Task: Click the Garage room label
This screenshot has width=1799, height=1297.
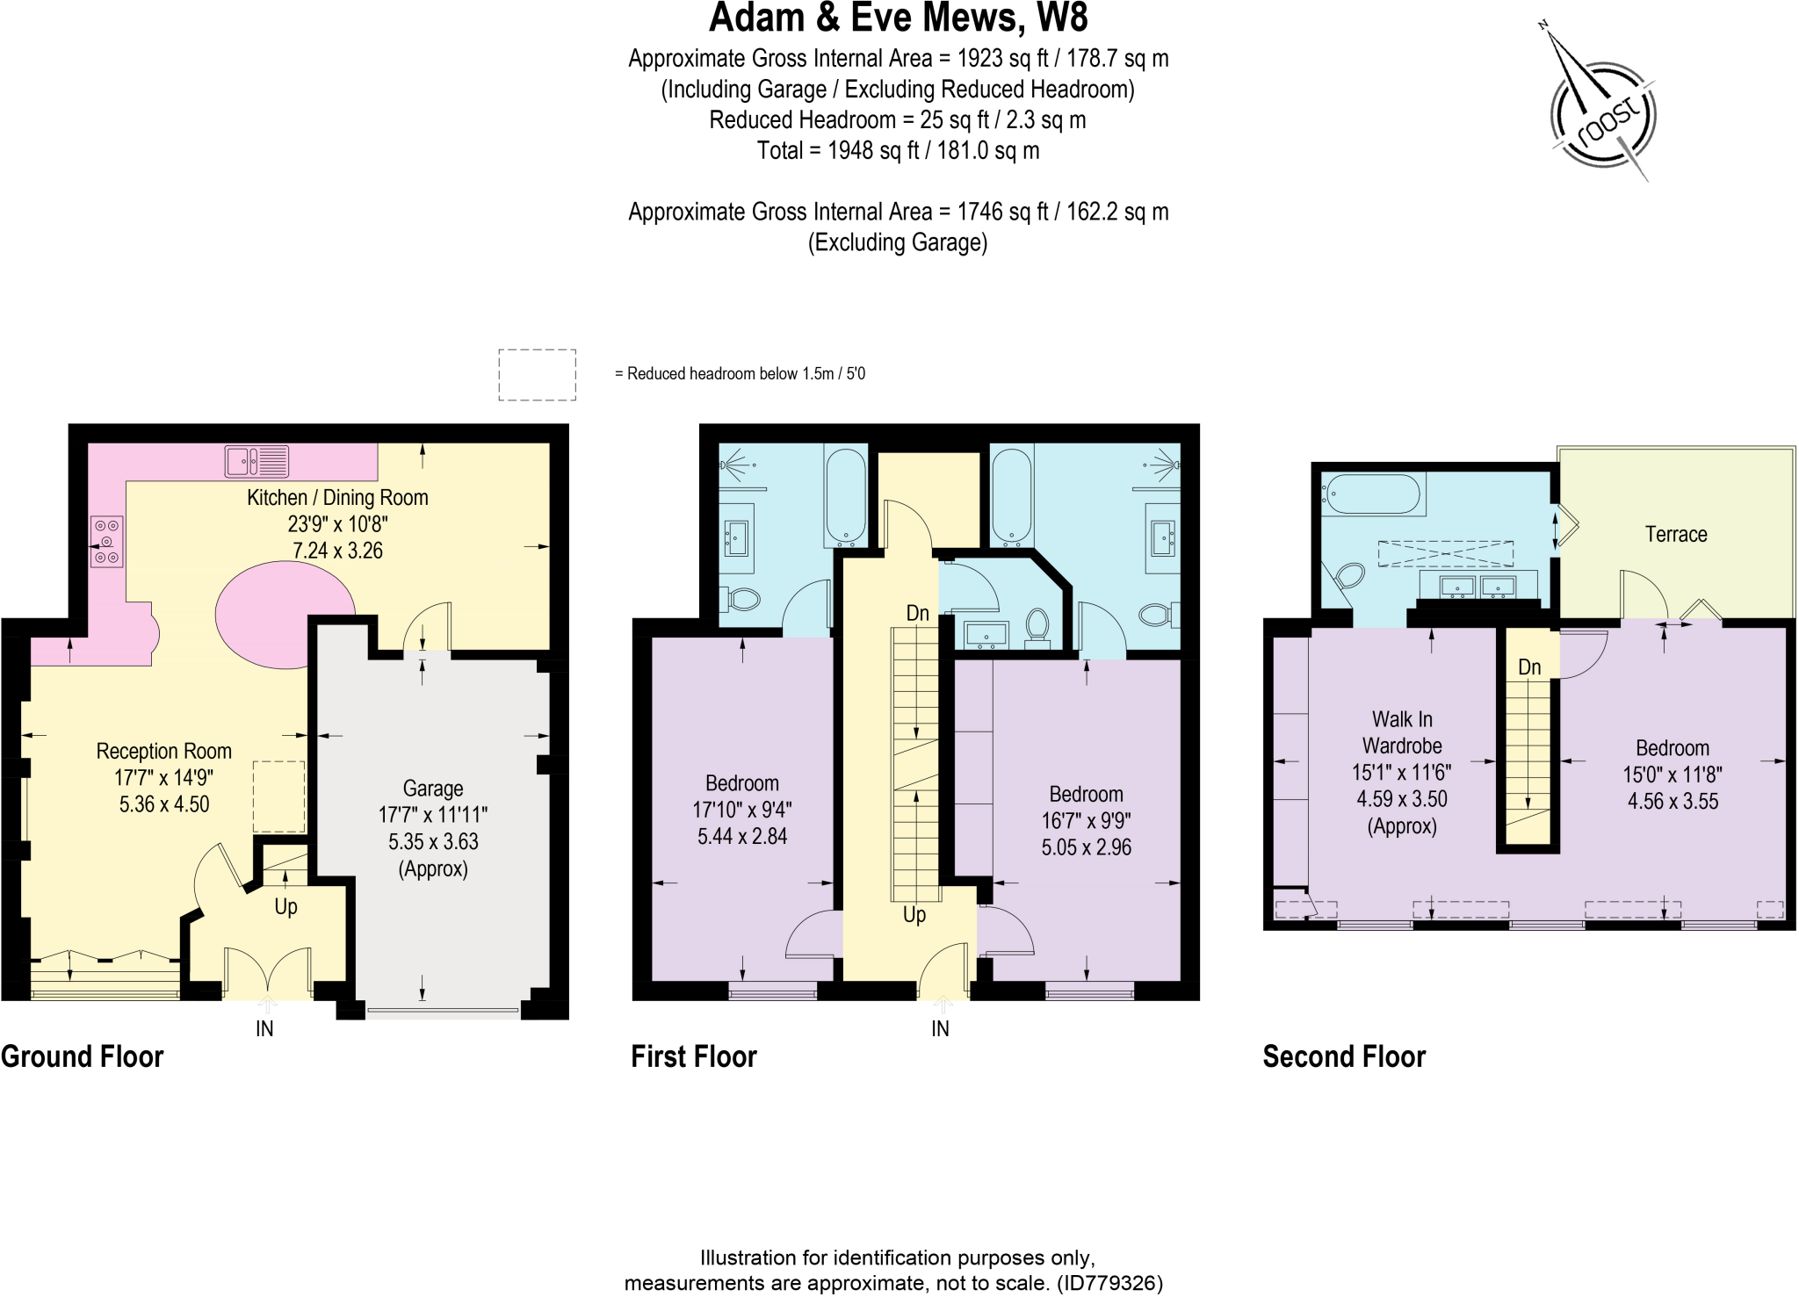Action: click(x=432, y=788)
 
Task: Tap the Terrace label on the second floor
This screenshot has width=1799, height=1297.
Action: click(x=1675, y=534)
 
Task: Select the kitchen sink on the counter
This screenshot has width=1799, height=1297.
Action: click(x=256, y=461)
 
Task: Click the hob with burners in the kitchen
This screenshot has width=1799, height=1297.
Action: click(x=106, y=542)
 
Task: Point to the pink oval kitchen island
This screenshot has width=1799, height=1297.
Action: click(x=285, y=615)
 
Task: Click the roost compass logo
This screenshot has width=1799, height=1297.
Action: click(x=1604, y=115)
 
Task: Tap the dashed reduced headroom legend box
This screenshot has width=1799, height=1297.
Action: click(x=537, y=375)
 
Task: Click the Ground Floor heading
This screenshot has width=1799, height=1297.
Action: click(x=83, y=1056)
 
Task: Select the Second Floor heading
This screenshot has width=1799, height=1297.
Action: click(x=1343, y=1056)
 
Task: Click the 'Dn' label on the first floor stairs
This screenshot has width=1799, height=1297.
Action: click(x=917, y=613)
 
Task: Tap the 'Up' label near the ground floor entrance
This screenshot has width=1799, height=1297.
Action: click(x=285, y=906)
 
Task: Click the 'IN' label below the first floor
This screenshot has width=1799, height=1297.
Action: click(x=940, y=1028)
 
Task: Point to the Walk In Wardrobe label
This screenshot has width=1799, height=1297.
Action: click(x=1402, y=732)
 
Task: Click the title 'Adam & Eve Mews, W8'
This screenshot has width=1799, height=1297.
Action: click(x=898, y=18)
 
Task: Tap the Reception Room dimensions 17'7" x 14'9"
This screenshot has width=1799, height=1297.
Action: click(x=163, y=777)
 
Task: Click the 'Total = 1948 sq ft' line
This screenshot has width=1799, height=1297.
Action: click(x=898, y=150)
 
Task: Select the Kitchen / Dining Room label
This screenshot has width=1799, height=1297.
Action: click(x=337, y=497)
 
